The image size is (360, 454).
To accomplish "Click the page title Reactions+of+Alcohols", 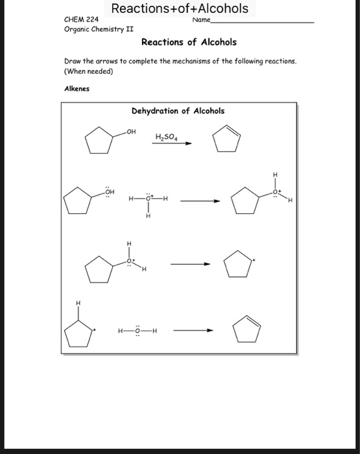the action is [x=180, y=8].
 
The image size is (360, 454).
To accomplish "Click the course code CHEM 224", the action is [x=80, y=21].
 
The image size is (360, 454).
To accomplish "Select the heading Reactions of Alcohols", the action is [x=189, y=42].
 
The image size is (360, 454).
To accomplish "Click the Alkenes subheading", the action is [x=77, y=89].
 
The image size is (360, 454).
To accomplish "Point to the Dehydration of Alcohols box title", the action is [x=178, y=111].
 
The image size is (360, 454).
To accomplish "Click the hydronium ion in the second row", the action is [x=149, y=200].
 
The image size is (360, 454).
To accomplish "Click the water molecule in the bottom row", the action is [x=138, y=331].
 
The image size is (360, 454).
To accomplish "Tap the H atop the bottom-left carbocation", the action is [x=78, y=303].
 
